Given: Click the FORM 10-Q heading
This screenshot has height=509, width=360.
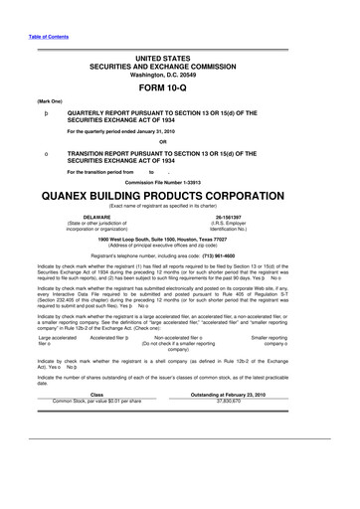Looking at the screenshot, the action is [x=180, y=86].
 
